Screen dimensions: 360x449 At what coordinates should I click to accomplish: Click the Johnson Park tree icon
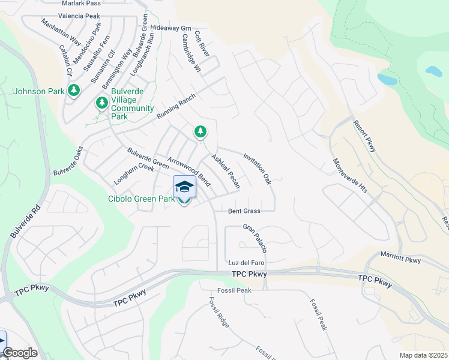click(x=74, y=91)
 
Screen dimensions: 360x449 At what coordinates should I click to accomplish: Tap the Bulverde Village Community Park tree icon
click(x=102, y=103)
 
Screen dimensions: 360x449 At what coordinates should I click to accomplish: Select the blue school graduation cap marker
click(x=184, y=187)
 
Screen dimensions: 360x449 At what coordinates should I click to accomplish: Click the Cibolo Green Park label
click(x=142, y=199)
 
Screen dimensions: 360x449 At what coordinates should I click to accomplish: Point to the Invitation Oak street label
click(x=258, y=169)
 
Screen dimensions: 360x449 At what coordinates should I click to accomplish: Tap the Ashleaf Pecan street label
click(x=225, y=172)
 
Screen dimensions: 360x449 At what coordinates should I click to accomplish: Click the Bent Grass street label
click(x=244, y=211)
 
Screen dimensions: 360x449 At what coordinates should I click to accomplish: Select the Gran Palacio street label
click(x=255, y=238)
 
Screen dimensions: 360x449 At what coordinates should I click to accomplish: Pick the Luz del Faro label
click(x=247, y=263)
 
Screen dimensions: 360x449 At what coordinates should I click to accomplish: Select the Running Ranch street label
click(x=176, y=106)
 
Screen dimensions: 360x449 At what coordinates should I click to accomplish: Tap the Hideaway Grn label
click(x=170, y=28)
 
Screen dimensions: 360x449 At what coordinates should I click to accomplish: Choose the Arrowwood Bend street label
click(x=189, y=172)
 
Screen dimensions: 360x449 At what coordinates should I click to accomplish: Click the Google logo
click(x=20, y=353)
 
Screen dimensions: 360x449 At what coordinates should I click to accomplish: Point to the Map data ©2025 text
click(x=423, y=355)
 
